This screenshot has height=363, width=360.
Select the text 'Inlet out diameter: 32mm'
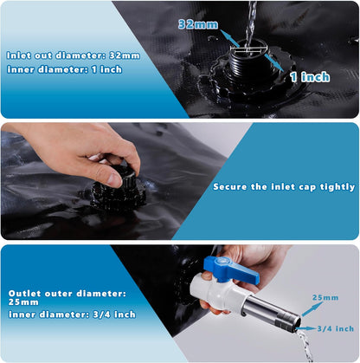[73, 55]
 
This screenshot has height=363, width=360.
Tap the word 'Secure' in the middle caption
[233, 186]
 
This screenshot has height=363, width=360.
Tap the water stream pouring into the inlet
[252, 19]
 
